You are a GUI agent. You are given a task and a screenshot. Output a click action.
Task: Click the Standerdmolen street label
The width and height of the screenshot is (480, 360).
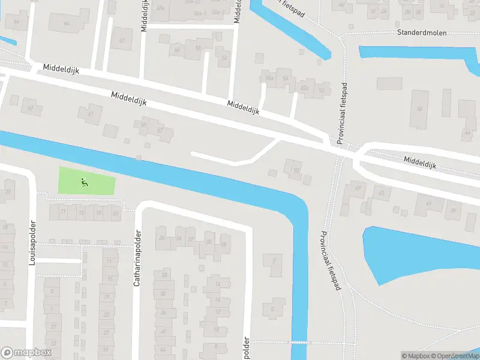(421, 33)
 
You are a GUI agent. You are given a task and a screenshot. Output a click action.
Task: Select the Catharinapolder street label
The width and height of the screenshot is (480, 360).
(137, 258)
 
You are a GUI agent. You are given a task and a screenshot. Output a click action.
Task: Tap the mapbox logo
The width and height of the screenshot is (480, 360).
(27, 352)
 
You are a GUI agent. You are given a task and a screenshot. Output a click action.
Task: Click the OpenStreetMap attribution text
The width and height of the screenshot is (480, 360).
(455, 356)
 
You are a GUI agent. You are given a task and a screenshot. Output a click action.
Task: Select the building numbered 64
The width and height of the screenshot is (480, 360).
(66, 23)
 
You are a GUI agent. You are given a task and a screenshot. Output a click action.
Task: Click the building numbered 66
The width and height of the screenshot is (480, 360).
(16, 22)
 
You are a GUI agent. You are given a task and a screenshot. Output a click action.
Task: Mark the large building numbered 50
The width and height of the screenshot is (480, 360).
(419, 109)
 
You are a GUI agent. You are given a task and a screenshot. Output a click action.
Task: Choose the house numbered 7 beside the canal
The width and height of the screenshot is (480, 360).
(274, 260)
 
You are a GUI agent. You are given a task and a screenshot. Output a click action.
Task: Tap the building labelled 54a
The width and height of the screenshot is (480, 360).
(269, 77)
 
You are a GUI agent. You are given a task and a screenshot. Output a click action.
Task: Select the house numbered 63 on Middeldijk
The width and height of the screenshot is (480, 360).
(31, 109)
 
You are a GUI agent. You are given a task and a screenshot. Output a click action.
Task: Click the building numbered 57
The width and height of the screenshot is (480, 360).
(160, 130)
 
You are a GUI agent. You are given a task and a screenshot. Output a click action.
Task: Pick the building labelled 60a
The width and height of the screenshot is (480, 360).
(160, 8)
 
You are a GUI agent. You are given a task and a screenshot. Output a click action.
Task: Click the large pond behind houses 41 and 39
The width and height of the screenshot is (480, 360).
(420, 252)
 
